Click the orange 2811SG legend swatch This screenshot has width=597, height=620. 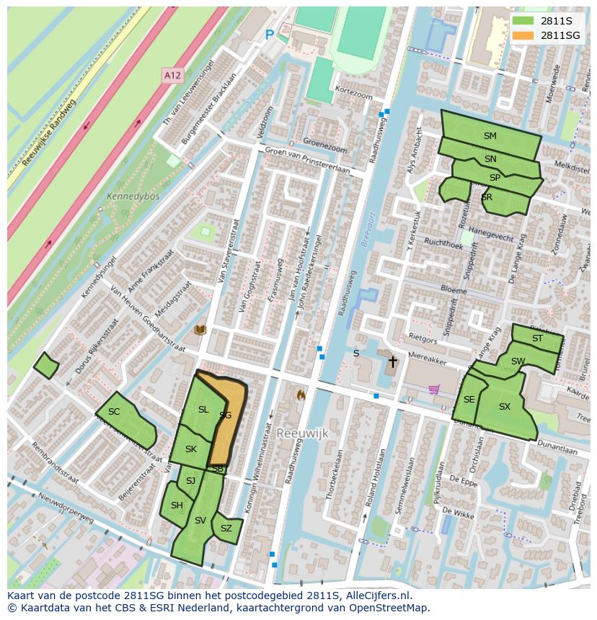[524, 35]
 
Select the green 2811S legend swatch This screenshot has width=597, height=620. [524, 21]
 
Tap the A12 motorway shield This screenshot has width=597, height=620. [172, 75]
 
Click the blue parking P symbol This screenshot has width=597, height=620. [270, 35]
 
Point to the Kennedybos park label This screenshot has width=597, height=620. [133, 196]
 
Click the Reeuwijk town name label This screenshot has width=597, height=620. [302, 432]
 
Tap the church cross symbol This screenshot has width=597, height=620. [393, 361]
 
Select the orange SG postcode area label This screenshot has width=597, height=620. [225, 415]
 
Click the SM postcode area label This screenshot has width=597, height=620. [490, 136]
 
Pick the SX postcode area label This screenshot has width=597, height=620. [504, 407]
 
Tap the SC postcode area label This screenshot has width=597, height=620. [114, 412]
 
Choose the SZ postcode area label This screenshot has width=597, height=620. [226, 529]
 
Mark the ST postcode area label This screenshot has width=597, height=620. [537, 338]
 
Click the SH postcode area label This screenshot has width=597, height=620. [177, 506]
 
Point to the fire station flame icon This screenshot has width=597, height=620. [301, 395]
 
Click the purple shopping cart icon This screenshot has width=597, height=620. [434, 390]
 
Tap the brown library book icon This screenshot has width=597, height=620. [200, 330]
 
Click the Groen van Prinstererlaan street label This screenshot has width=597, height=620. [307, 162]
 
